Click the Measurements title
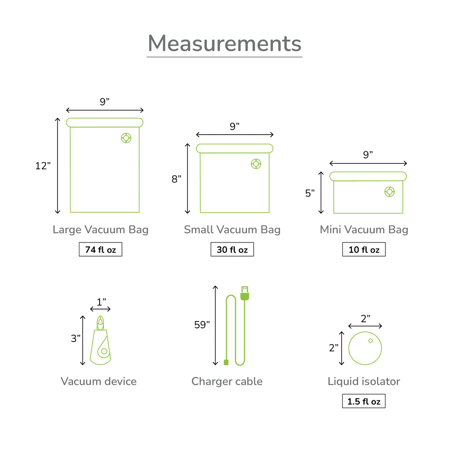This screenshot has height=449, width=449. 224,43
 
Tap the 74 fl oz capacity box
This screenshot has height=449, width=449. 100,249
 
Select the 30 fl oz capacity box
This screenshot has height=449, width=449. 232,249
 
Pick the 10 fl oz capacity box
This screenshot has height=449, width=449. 364,249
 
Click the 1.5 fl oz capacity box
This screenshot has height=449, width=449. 363,401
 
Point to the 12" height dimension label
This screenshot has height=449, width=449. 43,166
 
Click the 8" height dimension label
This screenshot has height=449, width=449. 176,179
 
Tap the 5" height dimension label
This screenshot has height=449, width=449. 310,193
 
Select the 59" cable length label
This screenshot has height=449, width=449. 202,325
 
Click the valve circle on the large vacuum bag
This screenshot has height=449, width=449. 126,138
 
